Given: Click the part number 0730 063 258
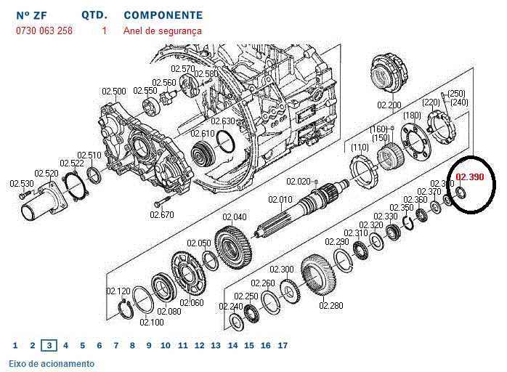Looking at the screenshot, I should tap(44, 31).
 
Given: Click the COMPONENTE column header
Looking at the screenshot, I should tap(163, 15).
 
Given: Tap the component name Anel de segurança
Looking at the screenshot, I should tap(163, 31).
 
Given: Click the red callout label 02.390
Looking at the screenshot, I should tap(469, 177).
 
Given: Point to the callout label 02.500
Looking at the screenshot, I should tap(114, 92).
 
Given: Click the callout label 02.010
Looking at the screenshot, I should tap(280, 200).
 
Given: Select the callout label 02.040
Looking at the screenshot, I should tap(235, 217).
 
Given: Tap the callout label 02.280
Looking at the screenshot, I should tap(330, 305).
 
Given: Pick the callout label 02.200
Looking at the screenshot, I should tap(389, 105).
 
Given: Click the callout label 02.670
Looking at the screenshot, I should tap(162, 214).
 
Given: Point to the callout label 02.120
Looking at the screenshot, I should tap(118, 291).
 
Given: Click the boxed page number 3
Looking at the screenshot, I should tap(49, 346).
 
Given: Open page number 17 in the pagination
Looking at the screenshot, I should tap(283, 346).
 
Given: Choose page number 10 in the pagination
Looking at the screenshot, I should tap(166, 346).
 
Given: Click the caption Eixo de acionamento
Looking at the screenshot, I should tap(52, 363).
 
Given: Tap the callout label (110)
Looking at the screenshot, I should tap(360, 148).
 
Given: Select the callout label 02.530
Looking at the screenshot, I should tap(22, 183).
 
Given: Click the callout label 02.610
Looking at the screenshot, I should tap(203, 134).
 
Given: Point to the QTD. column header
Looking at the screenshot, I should tap(94, 15).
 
